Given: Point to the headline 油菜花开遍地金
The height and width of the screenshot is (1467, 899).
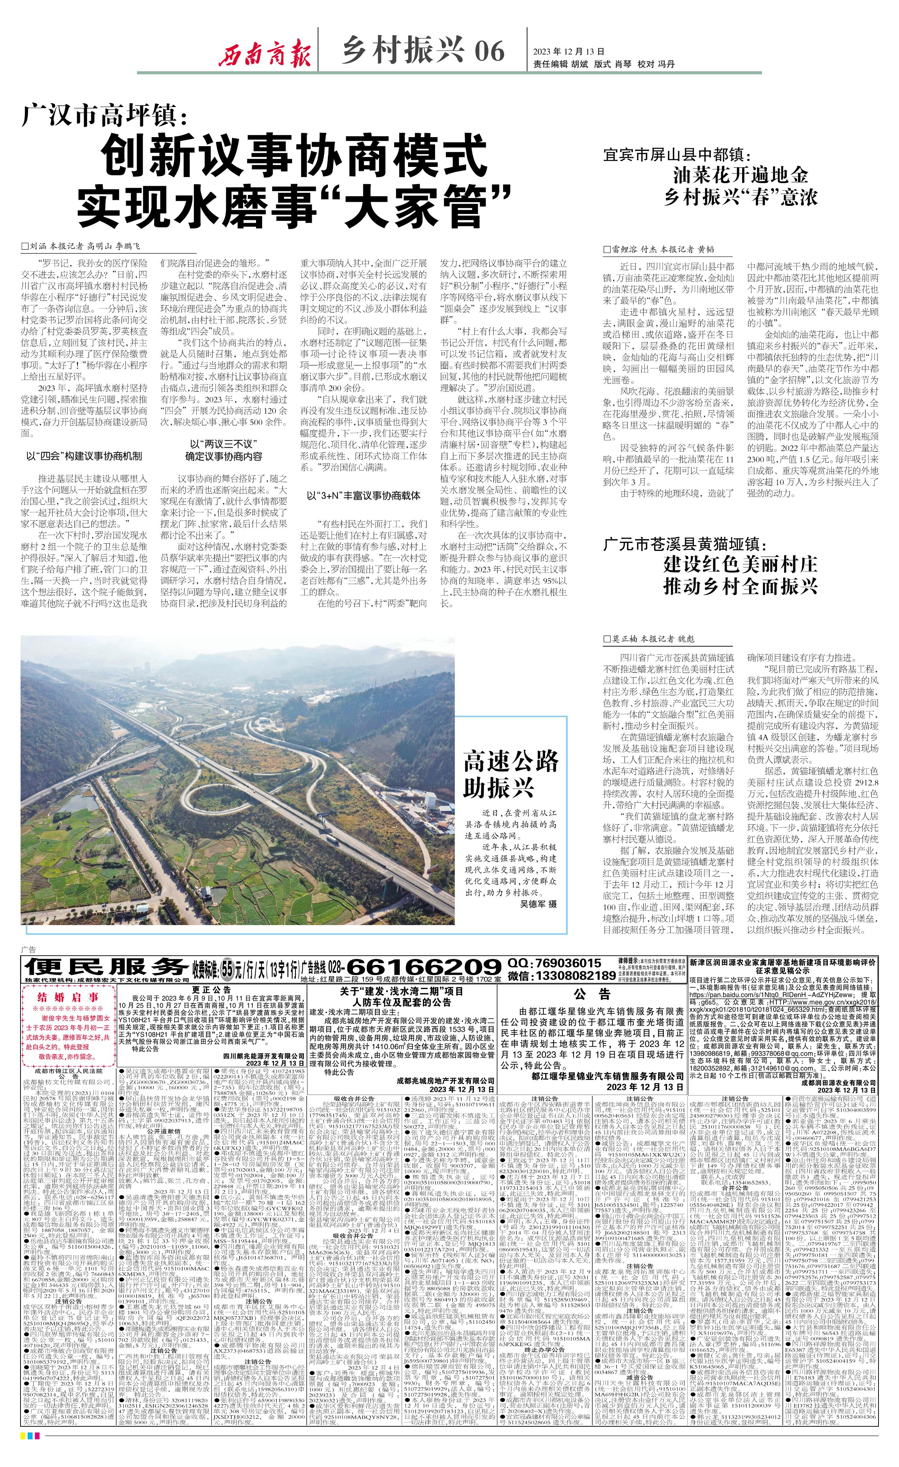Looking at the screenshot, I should [741, 175].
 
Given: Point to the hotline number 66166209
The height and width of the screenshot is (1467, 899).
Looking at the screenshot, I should [423, 966].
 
